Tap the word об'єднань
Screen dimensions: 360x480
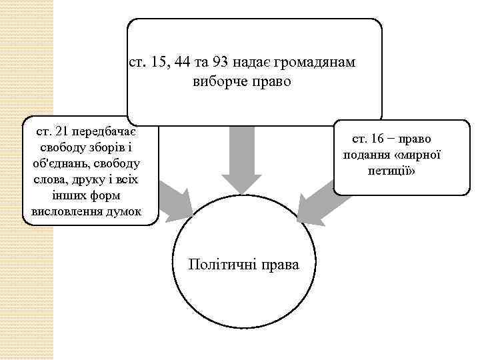point(53,163)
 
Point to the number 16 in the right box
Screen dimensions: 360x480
point(377,139)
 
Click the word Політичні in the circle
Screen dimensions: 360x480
point(217,265)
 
